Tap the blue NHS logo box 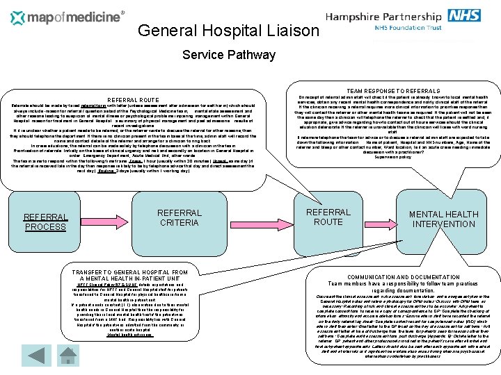coord(463,15)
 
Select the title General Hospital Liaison coord(228,31)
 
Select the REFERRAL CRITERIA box coord(179,218)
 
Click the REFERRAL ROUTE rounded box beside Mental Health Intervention coord(328,217)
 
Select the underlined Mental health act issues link coord(130,334)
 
